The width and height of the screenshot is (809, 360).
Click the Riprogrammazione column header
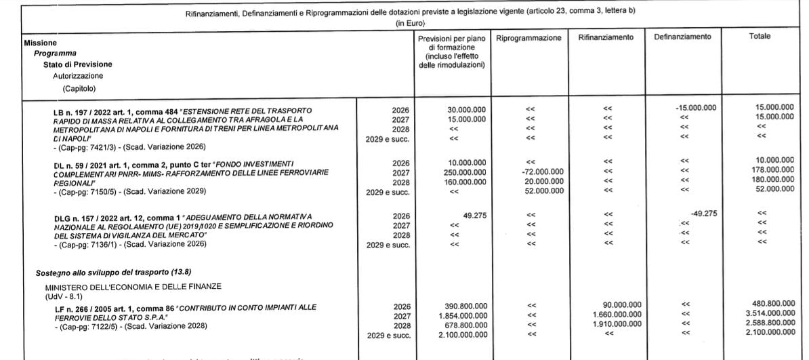coord(528,38)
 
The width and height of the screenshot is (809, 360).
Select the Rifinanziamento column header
coord(606,37)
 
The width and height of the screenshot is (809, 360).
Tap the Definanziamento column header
coord(682,37)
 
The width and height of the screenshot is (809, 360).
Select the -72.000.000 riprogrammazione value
coord(540,172)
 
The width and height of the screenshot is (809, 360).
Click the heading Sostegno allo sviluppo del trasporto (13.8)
coord(104,272)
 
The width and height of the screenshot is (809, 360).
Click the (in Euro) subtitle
coord(404,23)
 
